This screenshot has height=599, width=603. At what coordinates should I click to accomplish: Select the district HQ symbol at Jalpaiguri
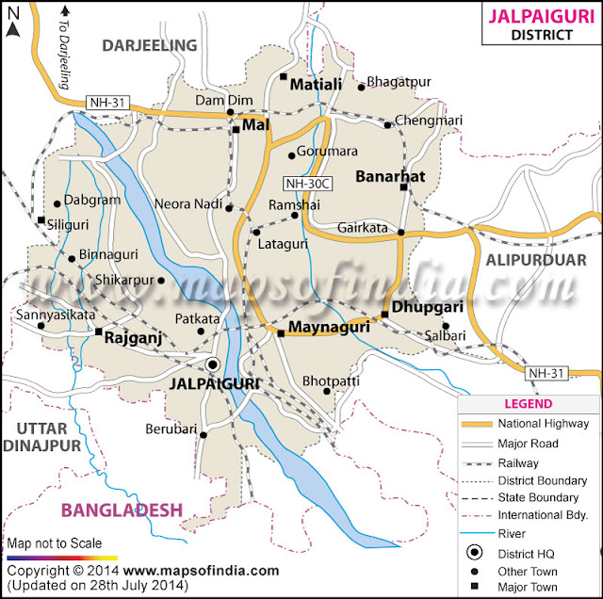point(213,364)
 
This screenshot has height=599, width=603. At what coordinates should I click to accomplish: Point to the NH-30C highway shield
point(304,184)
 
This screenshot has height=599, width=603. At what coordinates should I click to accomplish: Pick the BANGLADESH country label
point(122,510)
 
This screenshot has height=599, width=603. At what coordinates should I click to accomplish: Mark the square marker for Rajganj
point(98,332)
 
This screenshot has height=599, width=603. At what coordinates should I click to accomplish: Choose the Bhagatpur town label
point(398,82)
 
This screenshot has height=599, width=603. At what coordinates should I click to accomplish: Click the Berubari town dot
point(203,434)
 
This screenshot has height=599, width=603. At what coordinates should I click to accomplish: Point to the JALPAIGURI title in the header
point(539,17)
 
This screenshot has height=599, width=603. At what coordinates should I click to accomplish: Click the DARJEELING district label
point(149,45)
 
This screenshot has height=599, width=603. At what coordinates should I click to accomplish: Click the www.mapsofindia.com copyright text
point(201,571)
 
